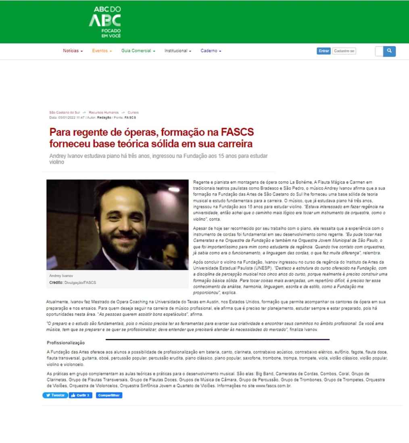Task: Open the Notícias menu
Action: coord(73,51)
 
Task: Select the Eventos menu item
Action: coord(102,51)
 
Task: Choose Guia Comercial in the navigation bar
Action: coord(138,51)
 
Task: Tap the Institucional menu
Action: coord(177,51)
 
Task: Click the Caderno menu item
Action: coord(211,51)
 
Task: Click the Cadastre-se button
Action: coord(344,51)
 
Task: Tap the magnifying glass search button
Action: coord(389,51)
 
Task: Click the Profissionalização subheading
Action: coord(65,343)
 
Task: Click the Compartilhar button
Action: coord(109,395)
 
